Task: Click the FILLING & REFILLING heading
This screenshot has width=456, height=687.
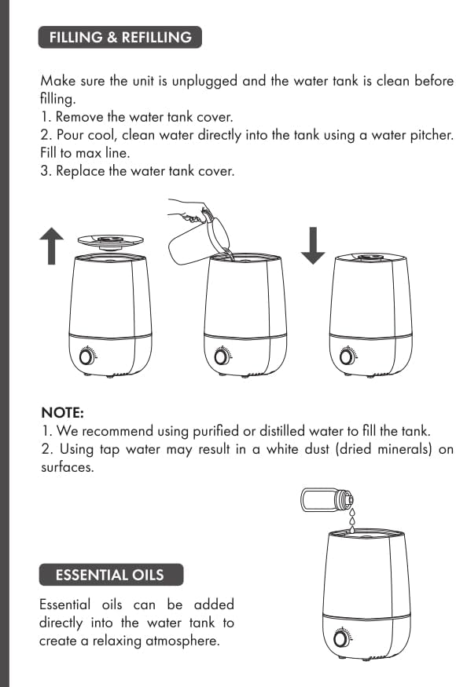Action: [x=120, y=37]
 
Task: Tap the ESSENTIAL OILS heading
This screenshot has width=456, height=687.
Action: [x=111, y=575]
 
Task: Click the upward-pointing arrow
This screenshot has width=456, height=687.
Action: [x=51, y=246]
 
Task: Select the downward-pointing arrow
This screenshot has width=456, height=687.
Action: [x=313, y=245]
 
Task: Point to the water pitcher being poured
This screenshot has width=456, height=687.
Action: [x=200, y=239]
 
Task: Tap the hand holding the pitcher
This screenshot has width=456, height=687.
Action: [x=189, y=210]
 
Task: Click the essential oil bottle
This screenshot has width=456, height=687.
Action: [x=327, y=500]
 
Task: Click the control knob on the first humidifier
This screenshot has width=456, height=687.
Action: [x=87, y=356]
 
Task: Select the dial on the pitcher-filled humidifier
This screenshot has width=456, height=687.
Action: [x=222, y=356]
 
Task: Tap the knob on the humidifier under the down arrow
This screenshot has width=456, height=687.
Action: [x=348, y=356]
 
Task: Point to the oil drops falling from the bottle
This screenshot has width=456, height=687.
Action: [x=352, y=520]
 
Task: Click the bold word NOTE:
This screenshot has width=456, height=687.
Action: [x=62, y=413]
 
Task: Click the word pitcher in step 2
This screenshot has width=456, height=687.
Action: [x=431, y=135]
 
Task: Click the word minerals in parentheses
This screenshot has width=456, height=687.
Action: [x=405, y=449]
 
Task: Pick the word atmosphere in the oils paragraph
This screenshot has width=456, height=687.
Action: [x=182, y=641]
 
